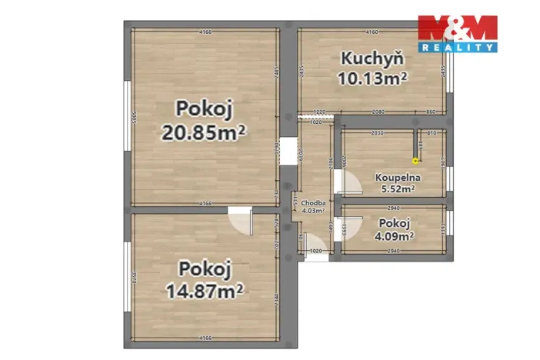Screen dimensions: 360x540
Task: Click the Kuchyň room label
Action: [x=372, y=58]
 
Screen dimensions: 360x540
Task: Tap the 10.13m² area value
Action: [x=372, y=77]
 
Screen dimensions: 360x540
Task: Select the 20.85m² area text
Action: [x=203, y=132]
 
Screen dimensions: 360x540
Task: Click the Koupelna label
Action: [x=395, y=177]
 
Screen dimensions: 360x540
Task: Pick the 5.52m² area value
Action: [x=395, y=187]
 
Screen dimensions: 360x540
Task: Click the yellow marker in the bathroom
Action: [x=415, y=161]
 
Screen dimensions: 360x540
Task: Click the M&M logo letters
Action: [x=457, y=28]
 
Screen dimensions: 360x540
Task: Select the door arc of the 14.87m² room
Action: [x=242, y=220]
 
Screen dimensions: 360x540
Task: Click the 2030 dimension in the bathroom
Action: [x=377, y=133]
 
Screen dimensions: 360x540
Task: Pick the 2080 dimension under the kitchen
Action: [x=378, y=112]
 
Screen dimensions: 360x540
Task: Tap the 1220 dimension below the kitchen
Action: [x=320, y=112]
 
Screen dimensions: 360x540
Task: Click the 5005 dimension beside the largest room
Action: [x=134, y=120]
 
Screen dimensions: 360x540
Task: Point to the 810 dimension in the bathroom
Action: [x=432, y=133]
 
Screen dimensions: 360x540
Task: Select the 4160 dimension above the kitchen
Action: [x=372, y=32]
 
